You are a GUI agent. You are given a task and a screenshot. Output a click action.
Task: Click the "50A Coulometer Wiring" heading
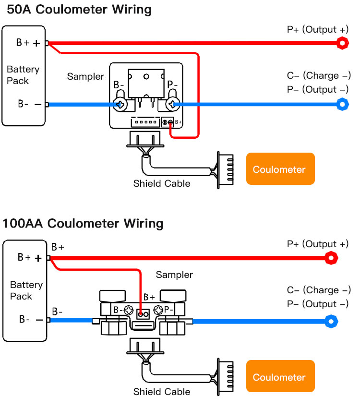[76, 9]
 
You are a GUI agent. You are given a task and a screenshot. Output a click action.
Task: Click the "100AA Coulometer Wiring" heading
[83, 223]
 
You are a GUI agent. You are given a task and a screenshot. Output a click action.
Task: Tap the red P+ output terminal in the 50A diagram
[342, 43]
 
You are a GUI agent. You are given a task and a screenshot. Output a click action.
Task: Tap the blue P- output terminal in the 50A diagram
[342, 104]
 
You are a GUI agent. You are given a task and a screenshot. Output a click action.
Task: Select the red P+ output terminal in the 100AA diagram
[331, 258]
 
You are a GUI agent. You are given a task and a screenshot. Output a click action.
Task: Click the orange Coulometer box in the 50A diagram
[280, 169]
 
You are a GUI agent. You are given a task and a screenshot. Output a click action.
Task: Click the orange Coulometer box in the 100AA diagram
[280, 377]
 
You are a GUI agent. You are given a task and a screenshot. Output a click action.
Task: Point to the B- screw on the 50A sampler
[119, 104]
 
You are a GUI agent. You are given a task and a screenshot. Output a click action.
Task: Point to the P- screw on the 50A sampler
[171, 104]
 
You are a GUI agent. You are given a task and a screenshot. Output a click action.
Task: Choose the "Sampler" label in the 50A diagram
[85, 76]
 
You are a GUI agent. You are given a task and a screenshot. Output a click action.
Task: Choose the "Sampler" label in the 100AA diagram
[174, 275]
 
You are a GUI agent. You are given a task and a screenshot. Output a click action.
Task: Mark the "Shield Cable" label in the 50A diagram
[162, 183]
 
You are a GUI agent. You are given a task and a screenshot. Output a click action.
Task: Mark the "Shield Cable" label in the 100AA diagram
[162, 392]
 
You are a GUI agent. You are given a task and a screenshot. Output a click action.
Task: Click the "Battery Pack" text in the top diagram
[23, 75]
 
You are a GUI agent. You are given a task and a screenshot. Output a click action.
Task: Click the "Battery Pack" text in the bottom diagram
[26, 290]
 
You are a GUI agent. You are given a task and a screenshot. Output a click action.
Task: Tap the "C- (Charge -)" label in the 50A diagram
[319, 75]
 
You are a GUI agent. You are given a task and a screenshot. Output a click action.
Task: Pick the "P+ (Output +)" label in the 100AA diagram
[318, 244]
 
